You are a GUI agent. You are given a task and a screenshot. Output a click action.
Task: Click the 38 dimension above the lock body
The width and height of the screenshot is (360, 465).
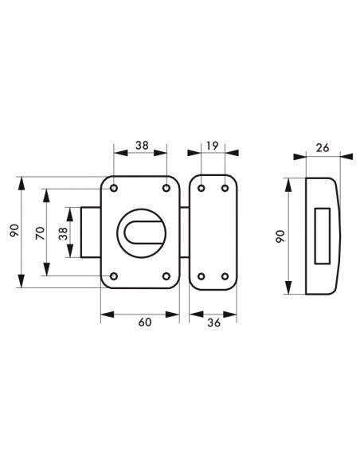click(140, 146)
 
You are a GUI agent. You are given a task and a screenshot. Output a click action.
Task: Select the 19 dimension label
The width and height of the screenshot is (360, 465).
click(213, 146)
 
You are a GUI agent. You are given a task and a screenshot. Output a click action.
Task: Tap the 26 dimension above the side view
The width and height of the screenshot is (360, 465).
click(323, 147)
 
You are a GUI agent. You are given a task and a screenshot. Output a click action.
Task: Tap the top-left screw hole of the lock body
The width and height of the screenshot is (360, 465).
click(114, 189)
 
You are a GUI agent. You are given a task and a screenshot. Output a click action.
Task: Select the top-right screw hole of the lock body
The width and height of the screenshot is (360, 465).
click(167, 189)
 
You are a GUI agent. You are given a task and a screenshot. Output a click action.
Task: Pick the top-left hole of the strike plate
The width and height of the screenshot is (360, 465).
click(201, 189)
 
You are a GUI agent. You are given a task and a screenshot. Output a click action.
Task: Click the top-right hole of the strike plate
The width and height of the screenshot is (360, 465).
click(225, 189)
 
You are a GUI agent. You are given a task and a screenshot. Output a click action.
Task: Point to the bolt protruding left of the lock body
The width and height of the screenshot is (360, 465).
click(92, 232)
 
